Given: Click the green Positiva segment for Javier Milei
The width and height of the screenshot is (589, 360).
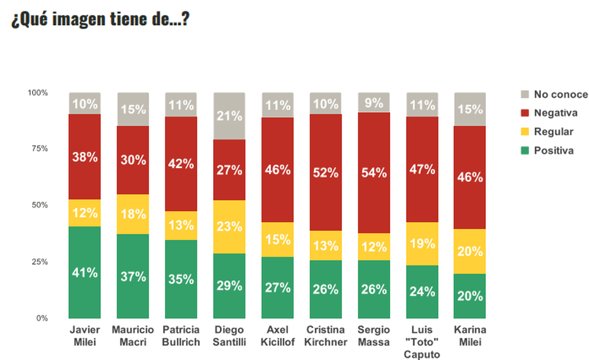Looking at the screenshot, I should pyautogui.click(x=85, y=272).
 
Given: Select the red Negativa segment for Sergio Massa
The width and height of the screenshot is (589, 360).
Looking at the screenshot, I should pyautogui.click(x=374, y=173).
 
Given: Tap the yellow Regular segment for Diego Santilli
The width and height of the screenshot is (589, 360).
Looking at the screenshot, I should pyautogui.click(x=229, y=227).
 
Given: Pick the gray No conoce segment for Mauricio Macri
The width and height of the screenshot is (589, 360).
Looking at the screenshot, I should pyautogui.click(x=133, y=109).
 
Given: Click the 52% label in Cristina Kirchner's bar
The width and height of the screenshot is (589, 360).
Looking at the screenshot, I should pyautogui.click(x=325, y=173).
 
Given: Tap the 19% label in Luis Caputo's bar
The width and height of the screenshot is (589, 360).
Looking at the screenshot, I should pyautogui.click(x=422, y=243).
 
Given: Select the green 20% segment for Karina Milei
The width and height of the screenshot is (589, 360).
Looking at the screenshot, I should pyautogui.click(x=470, y=296).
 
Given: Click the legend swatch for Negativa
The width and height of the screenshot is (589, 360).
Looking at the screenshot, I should pyautogui.click(x=525, y=113).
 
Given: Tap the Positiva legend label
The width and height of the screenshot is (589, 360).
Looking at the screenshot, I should pyautogui.click(x=554, y=151).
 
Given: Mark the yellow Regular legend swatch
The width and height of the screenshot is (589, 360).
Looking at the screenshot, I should pyautogui.click(x=525, y=132).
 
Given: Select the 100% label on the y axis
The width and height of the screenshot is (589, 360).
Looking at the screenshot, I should pyautogui.click(x=38, y=93).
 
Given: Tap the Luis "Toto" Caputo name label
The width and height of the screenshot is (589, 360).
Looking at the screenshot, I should pyautogui.click(x=422, y=342).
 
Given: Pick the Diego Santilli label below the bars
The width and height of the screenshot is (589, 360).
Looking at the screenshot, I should pyautogui.click(x=229, y=335).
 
